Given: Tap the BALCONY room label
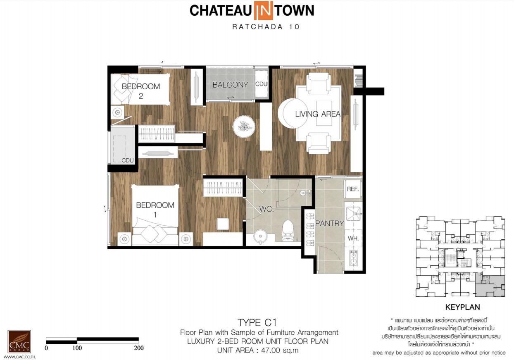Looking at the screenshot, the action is [230, 85].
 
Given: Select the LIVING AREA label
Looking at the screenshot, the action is [318, 114].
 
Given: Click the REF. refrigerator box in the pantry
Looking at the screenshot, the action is [353, 189].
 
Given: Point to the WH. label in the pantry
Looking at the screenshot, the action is [353, 238].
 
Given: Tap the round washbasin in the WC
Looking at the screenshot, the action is [260, 236].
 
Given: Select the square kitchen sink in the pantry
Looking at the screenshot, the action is [353, 214].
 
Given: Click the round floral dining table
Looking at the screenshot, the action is [244, 126].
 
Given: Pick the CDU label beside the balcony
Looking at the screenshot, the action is [261, 84].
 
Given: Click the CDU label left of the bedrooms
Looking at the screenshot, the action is [128, 160].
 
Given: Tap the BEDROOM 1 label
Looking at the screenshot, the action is [155, 210].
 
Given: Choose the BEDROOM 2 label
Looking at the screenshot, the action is [141, 91].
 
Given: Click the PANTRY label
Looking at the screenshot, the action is [329, 223].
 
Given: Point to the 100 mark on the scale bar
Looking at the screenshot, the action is [77, 348].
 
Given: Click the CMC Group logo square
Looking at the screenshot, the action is [19, 341].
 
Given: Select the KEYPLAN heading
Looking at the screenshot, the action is [463, 307].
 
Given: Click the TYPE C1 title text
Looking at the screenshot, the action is [257, 322].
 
